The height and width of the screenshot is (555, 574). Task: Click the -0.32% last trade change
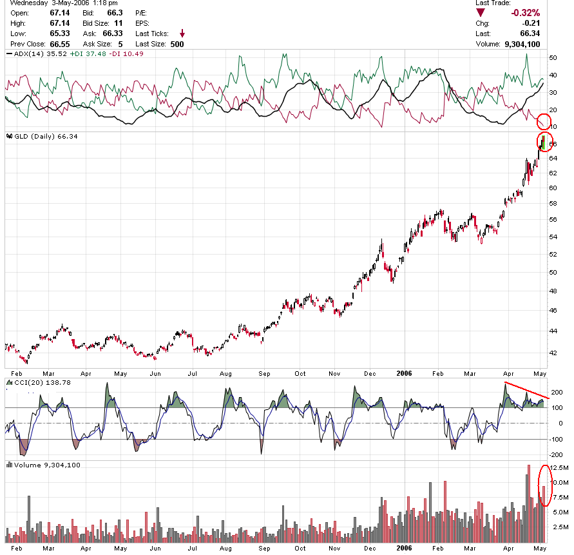pos(525,13)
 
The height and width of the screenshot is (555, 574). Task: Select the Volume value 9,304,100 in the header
pos(521,44)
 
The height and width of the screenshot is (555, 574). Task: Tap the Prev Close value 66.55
pos(59,44)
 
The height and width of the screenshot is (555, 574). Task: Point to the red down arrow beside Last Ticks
pos(182,33)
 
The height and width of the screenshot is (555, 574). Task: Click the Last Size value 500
pos(177,44)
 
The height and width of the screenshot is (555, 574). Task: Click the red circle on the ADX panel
pos(544,120)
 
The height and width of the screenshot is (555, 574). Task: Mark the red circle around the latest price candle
pos(544,142)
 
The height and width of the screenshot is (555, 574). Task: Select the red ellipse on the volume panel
pos(545,485)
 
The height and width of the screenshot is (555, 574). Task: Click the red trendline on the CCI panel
pos(527,390)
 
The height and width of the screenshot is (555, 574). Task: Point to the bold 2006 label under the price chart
pos(405,373)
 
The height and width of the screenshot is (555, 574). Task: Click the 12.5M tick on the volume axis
pos(560,467)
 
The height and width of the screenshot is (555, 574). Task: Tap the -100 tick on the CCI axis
pos(557,439)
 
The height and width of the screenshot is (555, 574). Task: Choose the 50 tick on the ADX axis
pos(553,58)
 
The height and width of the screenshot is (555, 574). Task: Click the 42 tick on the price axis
pos(553,353)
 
